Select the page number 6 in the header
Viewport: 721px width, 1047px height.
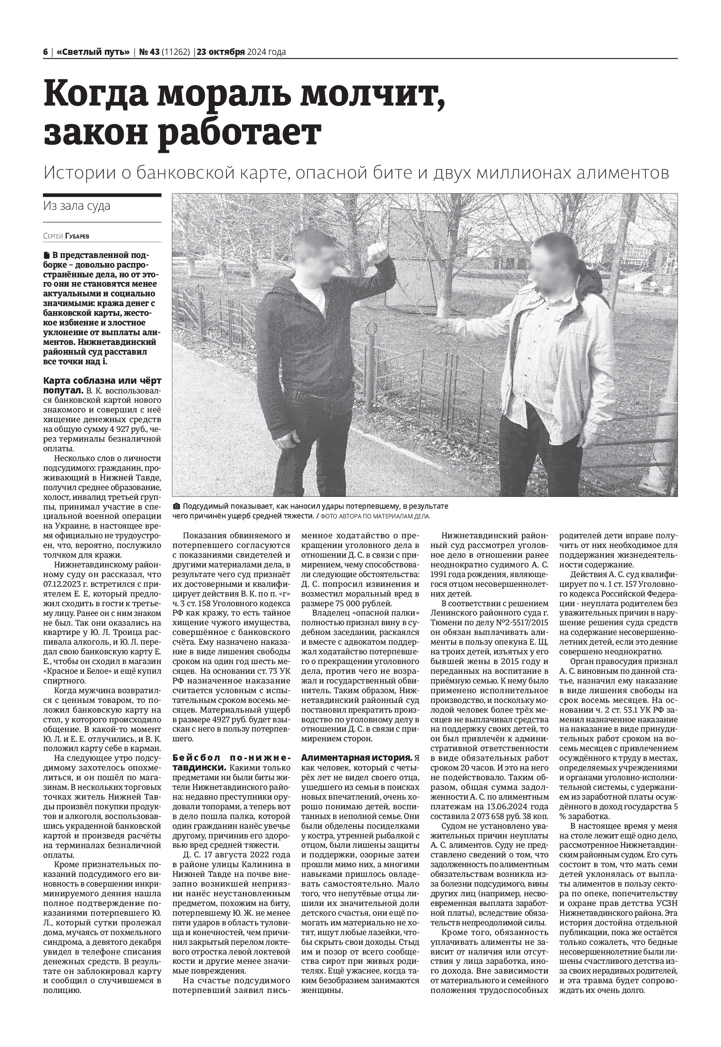[46, 52]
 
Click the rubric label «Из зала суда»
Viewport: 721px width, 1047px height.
[77, 206]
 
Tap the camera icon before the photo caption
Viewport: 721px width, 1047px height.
[177, 506]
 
